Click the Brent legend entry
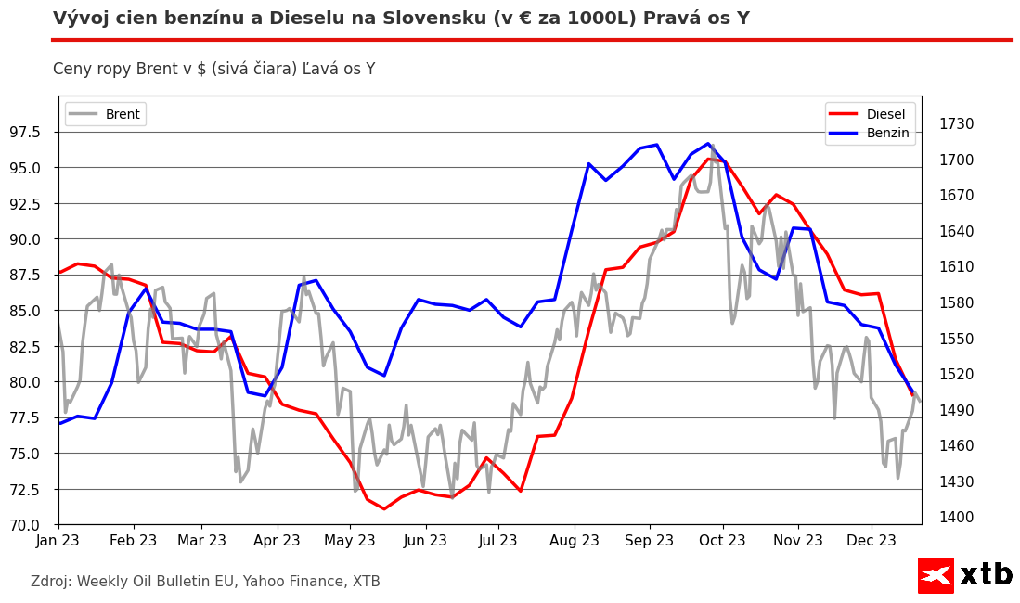click(x=122, y=114)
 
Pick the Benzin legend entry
click(x=887, y=133)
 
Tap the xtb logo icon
click(x=936, y=575)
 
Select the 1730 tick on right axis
click(x=956, y=124)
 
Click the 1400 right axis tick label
click(x=956, y=518)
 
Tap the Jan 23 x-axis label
click(x=58, y=541)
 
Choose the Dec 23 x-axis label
click(x=872, y=541)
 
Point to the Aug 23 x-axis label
click(x=575, y=541)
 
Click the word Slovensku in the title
click(x=502, y=19)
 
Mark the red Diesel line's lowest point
click(x=384, y=508)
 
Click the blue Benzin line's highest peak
click(x=708, y=144)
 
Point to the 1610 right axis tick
click(x=956, y=267)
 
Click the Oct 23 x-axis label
click(x=722, y=541)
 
